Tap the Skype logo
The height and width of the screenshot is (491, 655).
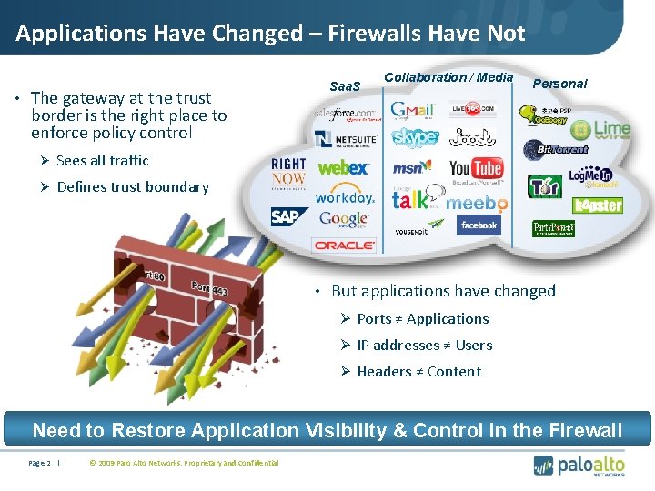pos(415,137)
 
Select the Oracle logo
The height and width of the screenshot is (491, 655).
pos(344,245)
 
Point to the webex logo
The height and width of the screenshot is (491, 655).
pos(342,167)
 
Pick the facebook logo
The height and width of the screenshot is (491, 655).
pos(479,225)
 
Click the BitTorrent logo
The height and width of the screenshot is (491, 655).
pos(556,147)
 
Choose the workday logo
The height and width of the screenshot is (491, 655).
pos(344,196)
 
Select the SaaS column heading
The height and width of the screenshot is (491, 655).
pos(345,86)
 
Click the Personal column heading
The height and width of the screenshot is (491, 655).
pos(559,84)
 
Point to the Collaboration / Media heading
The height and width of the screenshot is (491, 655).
pos(448,77)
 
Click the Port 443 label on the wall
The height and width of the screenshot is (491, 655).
pos(209,288)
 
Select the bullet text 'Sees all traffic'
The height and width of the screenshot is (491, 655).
pos(102,160)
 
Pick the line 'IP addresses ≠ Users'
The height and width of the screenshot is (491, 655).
pos(425,345)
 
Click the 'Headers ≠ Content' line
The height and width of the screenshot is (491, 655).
pos(419,371)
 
